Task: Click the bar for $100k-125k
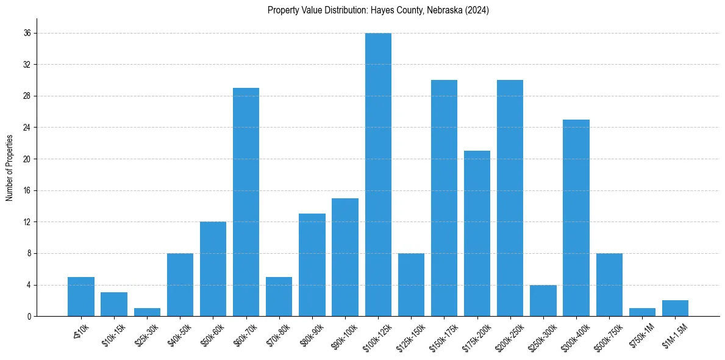click(x=378, y=175)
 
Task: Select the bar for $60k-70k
click(x=246, y=202)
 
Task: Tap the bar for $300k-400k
click(x=576, y=218)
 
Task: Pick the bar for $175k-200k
click(x=477, y=233)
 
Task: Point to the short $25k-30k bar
click(x=147, y=312)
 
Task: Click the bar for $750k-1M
click(x=642, y=312)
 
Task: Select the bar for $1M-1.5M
click(x=675, y=309)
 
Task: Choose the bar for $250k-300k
click(x=543, y=300)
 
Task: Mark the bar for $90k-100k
click(x=345, y=257)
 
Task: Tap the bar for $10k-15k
click(x=114, y=304)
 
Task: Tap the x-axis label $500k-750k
click(x=607, y=334)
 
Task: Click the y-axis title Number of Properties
click(x=9, y=168)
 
